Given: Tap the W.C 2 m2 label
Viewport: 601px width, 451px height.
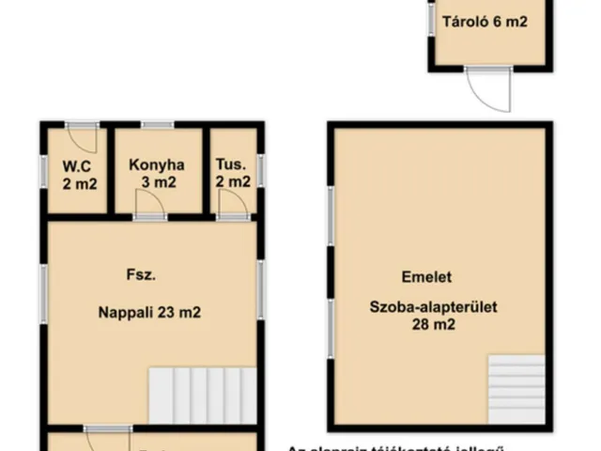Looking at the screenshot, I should [80, 175].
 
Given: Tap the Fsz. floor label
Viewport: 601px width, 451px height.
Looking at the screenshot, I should [141, 276].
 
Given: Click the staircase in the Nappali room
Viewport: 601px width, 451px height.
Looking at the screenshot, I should [202, 394].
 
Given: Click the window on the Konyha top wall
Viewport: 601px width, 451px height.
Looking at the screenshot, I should [158, 123].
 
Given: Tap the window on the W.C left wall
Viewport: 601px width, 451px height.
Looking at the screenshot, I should [43, 169].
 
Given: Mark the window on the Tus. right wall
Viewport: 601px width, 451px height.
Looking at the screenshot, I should [261, 170].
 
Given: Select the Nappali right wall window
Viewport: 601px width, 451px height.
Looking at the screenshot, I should [261, 287].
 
